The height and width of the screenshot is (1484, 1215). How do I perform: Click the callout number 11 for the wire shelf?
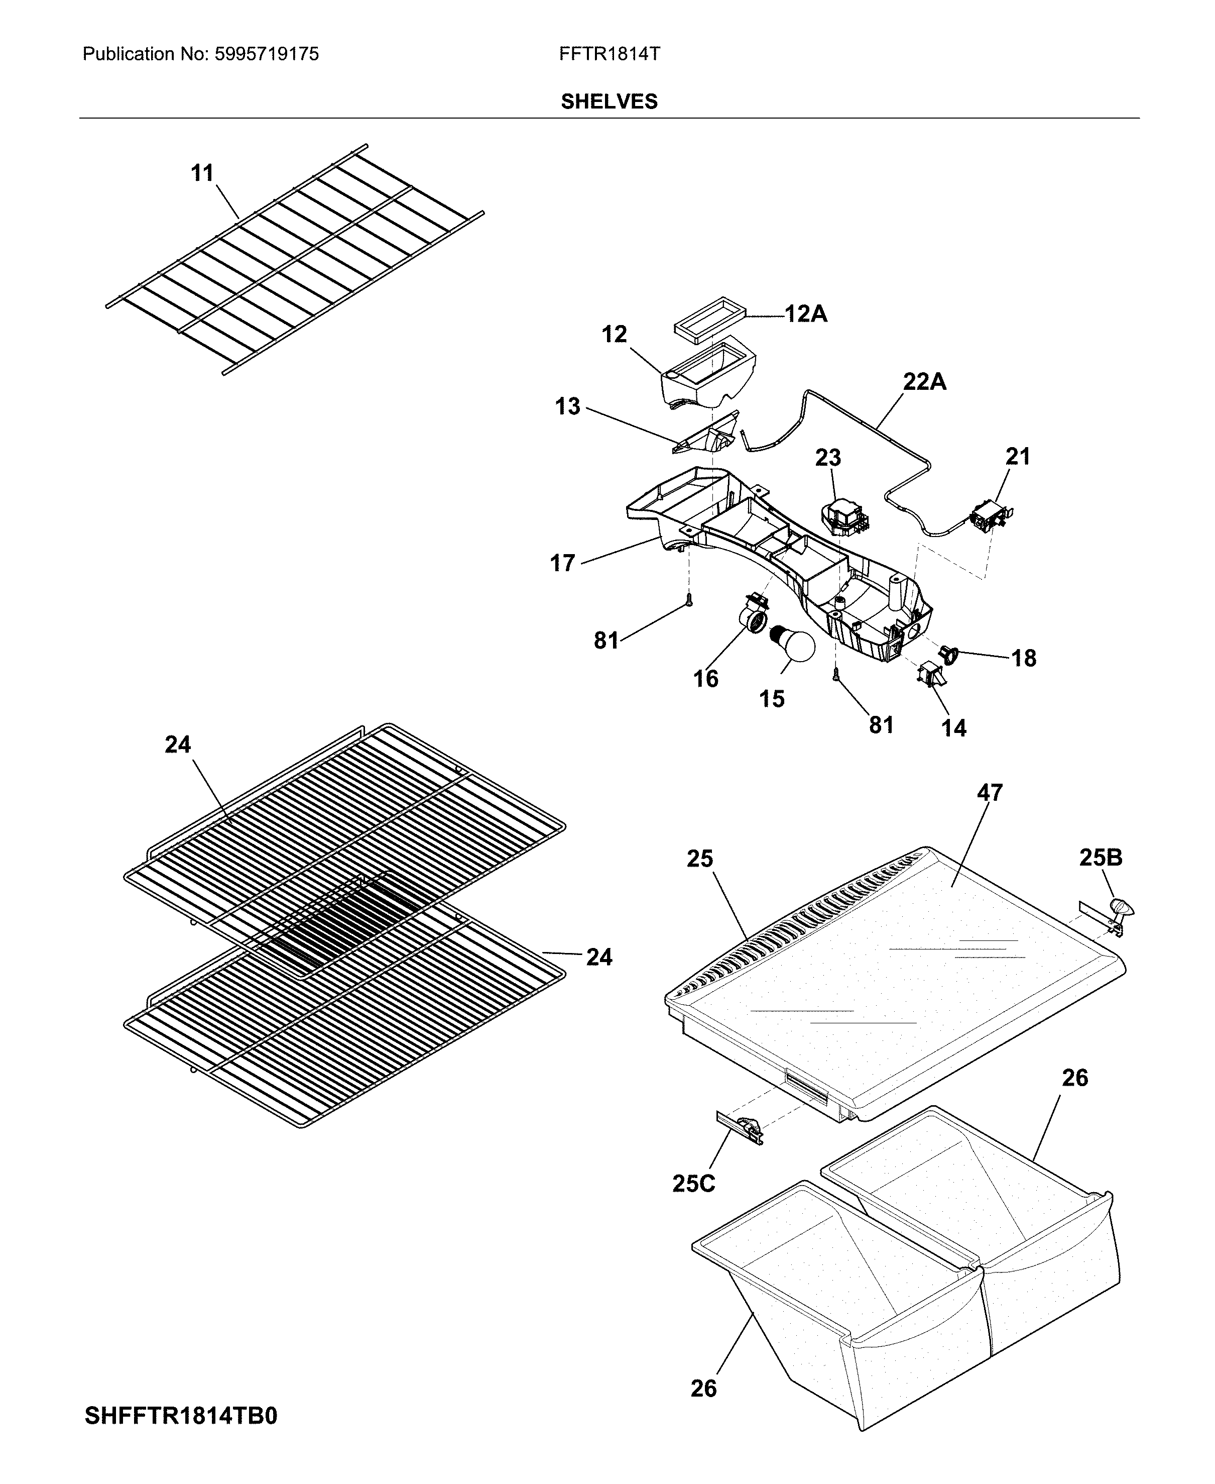click(x=202, y=173)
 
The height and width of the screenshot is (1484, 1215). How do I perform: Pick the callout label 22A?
click(x=924, y=382)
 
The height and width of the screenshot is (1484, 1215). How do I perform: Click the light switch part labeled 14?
click(x=931, y=674)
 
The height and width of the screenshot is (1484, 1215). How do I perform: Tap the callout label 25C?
click(x=693, y=1183)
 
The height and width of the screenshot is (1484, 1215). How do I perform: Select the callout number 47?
click(x=990, y=793)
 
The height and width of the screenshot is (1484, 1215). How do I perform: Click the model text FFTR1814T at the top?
click(x=609, y=54)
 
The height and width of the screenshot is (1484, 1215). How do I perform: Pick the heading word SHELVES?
click(x=609, y=102)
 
